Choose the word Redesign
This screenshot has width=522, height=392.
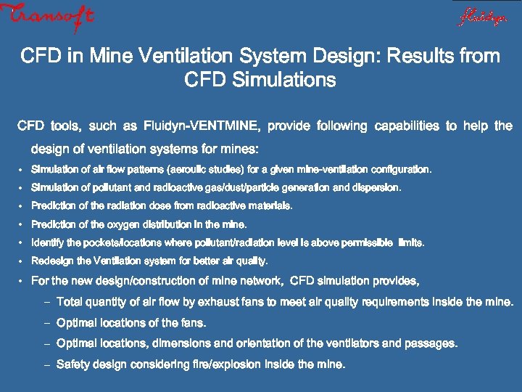pos(52,261)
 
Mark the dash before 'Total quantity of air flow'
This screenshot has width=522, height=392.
pos(45,302)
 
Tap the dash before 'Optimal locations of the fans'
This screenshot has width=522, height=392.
pos(45,323)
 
